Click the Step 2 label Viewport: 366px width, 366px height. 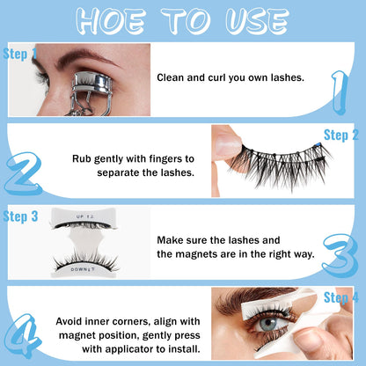340,135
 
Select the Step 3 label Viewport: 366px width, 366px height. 20,216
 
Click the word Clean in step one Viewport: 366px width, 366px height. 172,77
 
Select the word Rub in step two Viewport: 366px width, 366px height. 84,159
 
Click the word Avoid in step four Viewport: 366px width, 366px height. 72,321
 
